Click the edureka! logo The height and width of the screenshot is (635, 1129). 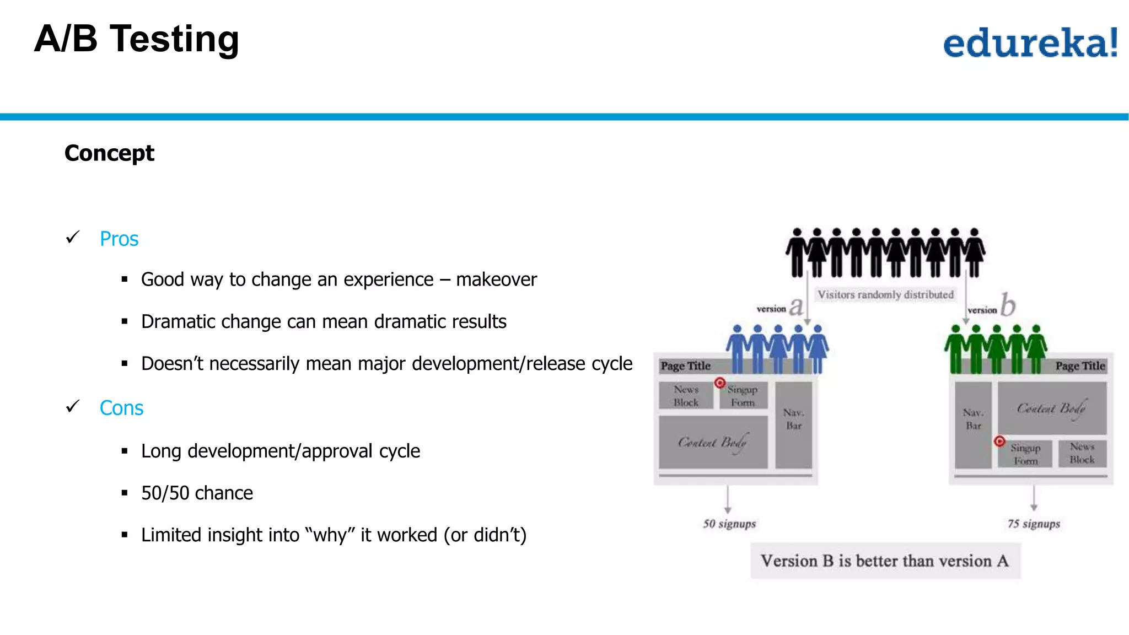click(x=1030, y=42)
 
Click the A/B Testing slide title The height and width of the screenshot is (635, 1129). click(x=136, y=39)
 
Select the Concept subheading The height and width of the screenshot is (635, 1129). click(x=109, y=153)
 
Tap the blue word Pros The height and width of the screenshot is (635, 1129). click(x=119, y=239)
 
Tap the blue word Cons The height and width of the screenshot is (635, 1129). click(x=121, y=408)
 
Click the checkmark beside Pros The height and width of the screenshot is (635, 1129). click(x=73, y=238)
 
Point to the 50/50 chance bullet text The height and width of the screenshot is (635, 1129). click(x=197, y=493)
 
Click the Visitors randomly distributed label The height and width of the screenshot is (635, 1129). click(x=885, y=294)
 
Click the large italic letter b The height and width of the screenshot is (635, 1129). click(x=1008, y=305)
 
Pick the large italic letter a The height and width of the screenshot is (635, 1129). click(x=795, y=306)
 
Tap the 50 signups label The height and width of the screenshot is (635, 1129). click(x=729, y=524)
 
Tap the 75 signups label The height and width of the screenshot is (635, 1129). click(x=1034, y=524)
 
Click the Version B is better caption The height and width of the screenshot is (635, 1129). click(x=885, y=561)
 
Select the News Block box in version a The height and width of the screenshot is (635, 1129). click(x=686, y=396)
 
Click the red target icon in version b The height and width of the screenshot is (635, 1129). click(x=999, y=441)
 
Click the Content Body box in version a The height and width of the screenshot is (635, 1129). click(x=713, y=442)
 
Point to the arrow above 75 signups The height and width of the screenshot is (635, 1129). click(x=1034, y=498)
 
